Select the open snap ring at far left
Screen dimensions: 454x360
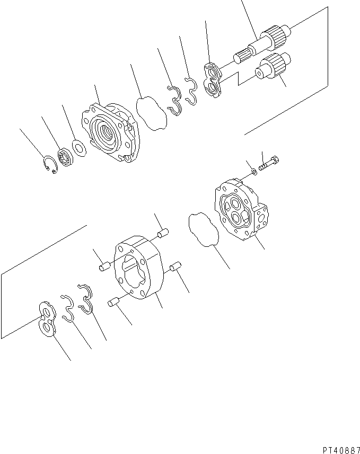click(x=49, y=164)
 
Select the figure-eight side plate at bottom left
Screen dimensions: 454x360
click(x=47, y=319)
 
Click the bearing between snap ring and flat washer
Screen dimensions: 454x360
click(x=65, y=156)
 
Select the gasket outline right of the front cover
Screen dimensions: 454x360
click(x=152, y=112)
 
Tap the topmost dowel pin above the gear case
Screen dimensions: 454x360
click(x=164, y=233)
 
